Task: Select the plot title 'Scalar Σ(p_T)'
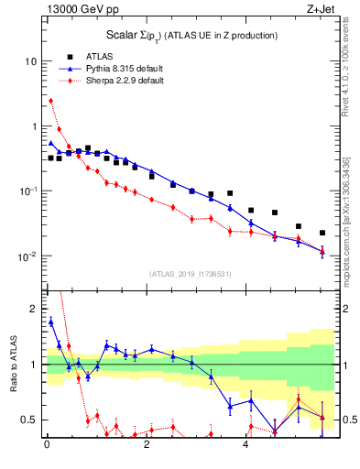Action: point(189,35)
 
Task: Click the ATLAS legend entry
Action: point(99,55)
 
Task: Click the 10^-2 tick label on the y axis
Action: point(27,256)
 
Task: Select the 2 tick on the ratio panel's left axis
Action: point(34,309)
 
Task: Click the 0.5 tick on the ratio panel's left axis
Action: point(30,420)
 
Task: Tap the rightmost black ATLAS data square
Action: point(322,233)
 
